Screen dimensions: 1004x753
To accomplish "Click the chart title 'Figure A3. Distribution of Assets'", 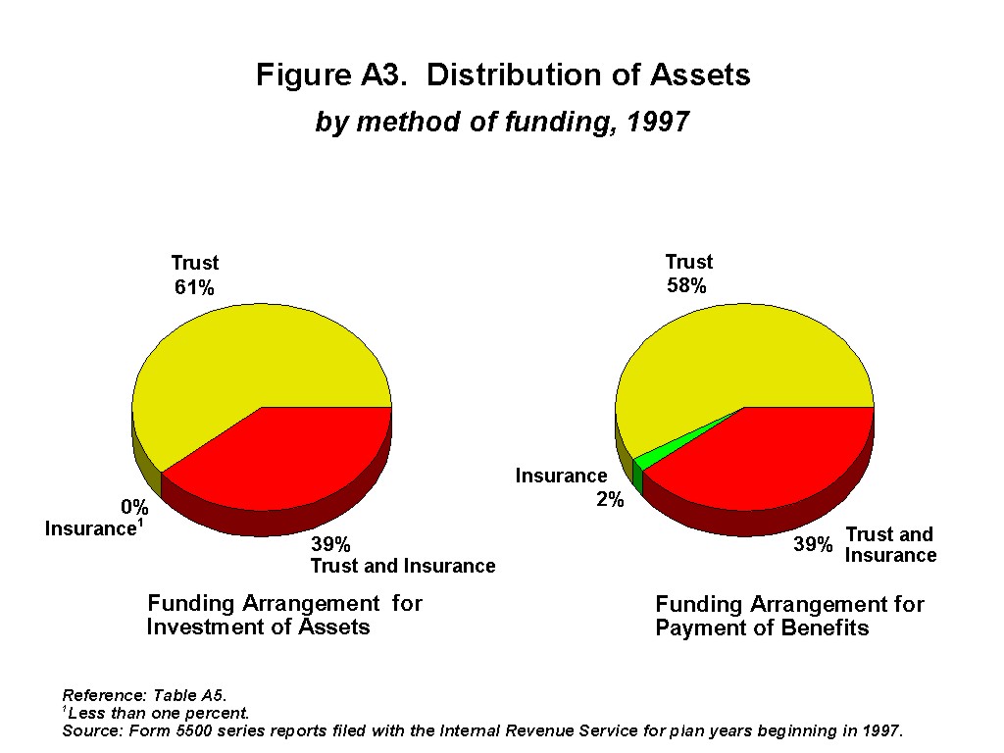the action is coord(503,75).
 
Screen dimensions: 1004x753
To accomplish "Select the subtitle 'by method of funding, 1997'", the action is coord(502,121).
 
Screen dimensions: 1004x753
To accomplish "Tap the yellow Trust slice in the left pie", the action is coord(243,365).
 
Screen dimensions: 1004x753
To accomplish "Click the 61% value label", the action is coord(194,287).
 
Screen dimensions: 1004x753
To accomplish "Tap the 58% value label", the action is coord(686,285).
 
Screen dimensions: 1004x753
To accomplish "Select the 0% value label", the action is coord(134,507).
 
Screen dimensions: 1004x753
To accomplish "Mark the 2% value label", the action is coord(610,499).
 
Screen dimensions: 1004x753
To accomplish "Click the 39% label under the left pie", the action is coord(330,544).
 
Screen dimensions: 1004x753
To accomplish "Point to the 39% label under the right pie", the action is coord(813,544).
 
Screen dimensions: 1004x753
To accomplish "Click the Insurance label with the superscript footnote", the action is coord(94,527).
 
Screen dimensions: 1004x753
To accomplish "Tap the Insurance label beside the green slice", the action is coord(562,476).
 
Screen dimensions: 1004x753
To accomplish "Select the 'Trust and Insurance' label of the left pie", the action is coord(403,566).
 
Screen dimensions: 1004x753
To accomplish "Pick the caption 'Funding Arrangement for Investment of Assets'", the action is coord(285,615).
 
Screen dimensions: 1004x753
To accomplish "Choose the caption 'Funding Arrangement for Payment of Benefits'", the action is coord(789,616).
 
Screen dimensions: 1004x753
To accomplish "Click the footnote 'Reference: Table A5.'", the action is coord(145,695).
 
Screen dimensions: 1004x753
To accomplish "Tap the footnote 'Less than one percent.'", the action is coord(156,713).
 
